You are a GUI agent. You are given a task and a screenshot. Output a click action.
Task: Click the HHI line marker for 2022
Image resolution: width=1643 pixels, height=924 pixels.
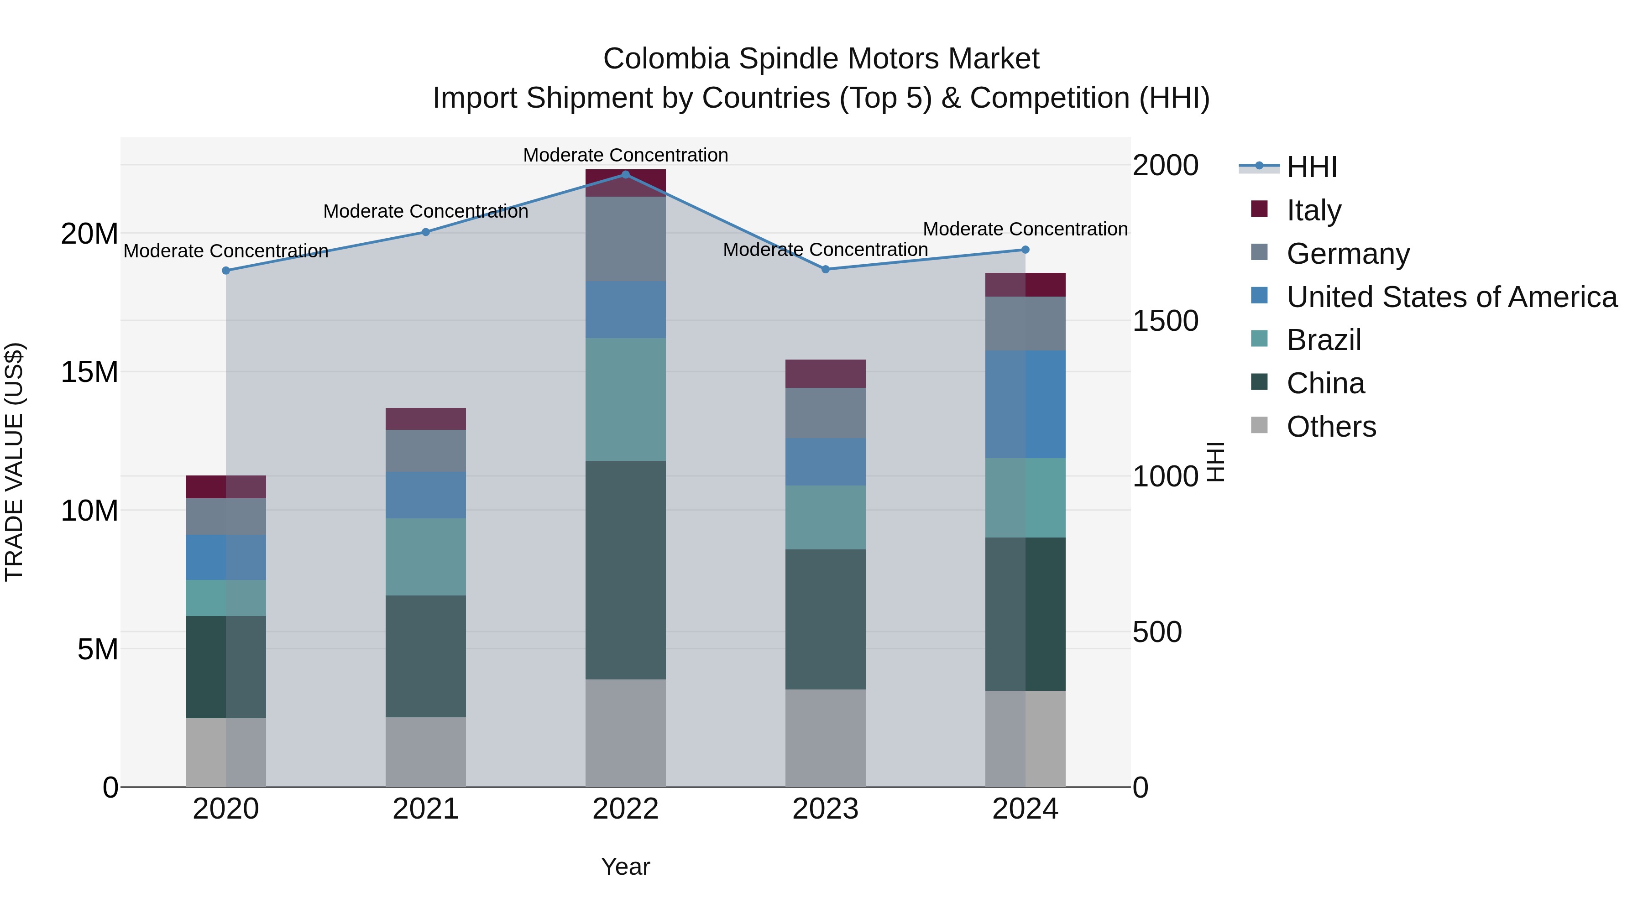(x=625, y=174)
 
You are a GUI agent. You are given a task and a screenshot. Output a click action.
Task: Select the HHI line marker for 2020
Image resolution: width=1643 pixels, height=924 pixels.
(x=226, y=271)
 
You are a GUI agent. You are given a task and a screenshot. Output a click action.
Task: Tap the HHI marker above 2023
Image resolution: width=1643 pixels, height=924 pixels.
(x=825, y=269)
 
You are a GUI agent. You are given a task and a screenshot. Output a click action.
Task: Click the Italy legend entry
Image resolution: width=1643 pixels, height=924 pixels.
(x=1314, y=210)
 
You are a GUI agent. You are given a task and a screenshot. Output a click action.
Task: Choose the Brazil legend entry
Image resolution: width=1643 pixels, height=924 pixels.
(x=1324, y=340)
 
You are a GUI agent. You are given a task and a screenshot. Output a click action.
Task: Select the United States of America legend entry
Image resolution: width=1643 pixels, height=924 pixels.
(x=1452, y=297)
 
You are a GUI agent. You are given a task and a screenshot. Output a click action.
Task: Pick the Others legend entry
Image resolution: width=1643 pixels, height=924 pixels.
(x=1331, y=427)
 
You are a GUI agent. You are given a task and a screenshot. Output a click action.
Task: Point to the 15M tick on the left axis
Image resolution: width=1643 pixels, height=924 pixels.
(x=89, y=372)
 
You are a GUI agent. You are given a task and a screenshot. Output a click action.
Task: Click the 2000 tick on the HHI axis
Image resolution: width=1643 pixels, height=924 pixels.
(x=1165, y=166)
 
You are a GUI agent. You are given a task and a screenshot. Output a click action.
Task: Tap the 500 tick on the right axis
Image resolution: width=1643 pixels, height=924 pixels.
(x=1157, y=632)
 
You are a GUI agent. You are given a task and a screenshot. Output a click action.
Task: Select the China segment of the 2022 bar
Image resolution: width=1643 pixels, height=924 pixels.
(x=625, y=569)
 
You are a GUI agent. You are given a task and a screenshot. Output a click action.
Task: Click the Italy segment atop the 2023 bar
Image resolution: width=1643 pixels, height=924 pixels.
(x=825, y=374)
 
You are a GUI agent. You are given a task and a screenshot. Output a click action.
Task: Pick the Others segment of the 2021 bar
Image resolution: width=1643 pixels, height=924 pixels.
(x=425, y=752)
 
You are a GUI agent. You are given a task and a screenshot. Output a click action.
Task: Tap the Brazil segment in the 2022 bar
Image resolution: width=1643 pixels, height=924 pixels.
(x=625, y=399)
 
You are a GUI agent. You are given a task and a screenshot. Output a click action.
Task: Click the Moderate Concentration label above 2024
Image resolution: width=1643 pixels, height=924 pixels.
(x=1025, y=229)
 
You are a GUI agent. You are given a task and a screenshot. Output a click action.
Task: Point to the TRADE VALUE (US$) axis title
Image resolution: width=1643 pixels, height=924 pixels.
(x=15, y=462)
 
